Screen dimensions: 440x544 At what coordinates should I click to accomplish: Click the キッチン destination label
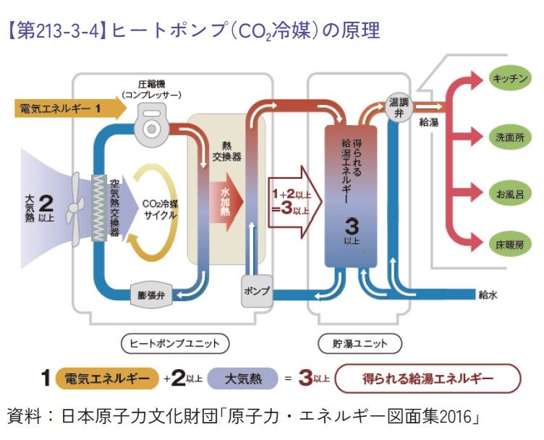(509, 79)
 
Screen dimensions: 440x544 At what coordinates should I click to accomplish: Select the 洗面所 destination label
(509, 136)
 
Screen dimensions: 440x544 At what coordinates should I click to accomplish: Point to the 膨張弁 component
(153, 295)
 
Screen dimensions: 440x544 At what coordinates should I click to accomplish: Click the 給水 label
(488, 295)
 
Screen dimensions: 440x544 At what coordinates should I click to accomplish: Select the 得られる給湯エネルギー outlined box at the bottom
(429, 378)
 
